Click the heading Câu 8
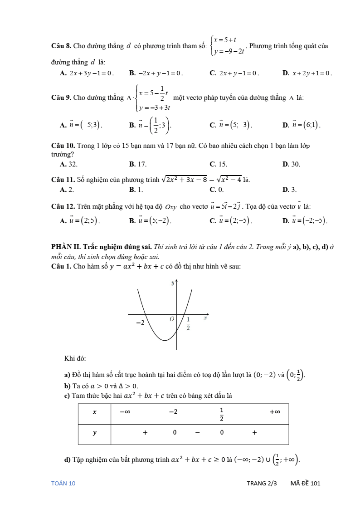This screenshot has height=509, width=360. (x=61, y=46)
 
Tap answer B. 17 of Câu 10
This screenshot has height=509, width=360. (x=138, y=164)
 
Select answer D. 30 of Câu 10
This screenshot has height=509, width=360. (x=291, y=164)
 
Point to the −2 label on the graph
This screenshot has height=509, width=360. (x=141, y=323)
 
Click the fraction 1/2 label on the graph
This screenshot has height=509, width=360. (x=188, y=323)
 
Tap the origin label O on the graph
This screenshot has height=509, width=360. (x=172, y=319)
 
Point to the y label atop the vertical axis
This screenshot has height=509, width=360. (x=172, y=283)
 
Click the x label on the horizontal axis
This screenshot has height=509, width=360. (x=205, y=318)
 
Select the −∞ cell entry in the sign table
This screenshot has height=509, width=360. (x=125, y=412)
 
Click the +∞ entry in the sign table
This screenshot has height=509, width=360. (x=275, y=412)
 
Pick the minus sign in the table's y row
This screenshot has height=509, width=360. (x=198, y=433)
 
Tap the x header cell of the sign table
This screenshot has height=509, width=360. (x=94, y=412)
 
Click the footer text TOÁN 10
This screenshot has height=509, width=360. (x=63, y=483)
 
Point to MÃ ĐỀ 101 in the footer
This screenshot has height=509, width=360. (x=305, y=483)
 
